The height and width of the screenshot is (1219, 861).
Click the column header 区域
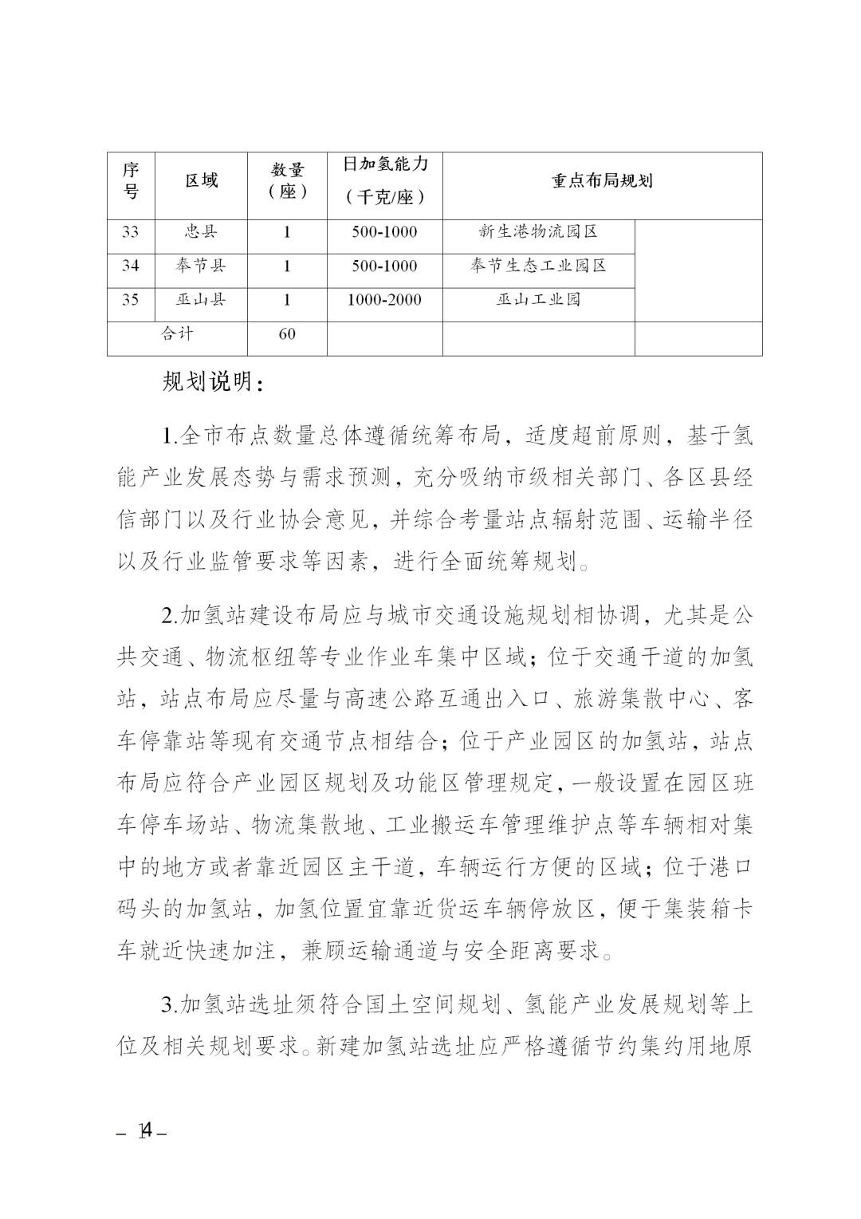202,181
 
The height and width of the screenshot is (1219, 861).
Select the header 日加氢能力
385,164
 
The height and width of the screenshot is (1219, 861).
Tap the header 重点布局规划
602,180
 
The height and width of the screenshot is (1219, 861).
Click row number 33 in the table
131,232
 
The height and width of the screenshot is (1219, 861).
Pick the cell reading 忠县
202,232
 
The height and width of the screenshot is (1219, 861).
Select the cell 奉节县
202,266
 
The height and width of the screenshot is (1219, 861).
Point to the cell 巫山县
202,300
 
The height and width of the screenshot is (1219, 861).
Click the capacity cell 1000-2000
385,300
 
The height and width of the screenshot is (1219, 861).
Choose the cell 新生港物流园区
538,232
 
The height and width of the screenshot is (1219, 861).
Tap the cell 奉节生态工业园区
538,266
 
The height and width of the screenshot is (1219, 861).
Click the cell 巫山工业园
538,300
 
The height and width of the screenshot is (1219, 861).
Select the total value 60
287,334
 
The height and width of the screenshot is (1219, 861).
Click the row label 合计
177,334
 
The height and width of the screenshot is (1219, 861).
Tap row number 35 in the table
131,300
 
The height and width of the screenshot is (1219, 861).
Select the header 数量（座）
287,181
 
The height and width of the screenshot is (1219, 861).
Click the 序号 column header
131,181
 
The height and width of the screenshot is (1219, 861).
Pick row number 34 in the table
131,266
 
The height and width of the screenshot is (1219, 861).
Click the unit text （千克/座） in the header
385,197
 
